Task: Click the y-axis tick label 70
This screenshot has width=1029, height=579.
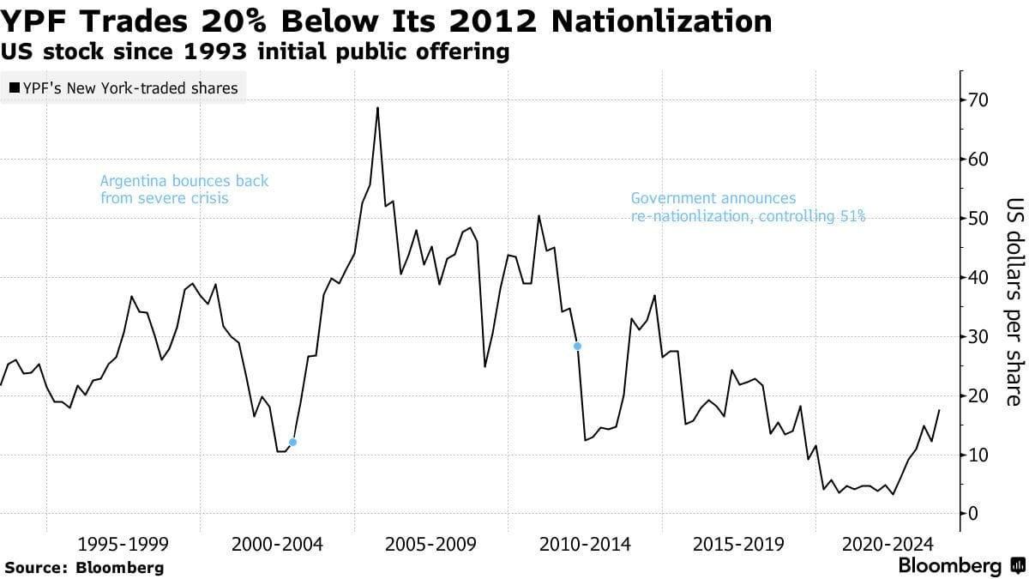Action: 979,100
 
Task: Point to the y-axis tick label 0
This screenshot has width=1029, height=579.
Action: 974,514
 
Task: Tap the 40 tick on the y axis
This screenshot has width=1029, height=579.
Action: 979,278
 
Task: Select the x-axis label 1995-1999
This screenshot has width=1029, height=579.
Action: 123,544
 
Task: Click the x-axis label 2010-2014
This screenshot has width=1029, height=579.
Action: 584,544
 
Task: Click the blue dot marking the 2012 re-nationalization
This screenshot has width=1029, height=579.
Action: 577,347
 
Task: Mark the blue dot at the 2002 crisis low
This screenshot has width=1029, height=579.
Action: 292,443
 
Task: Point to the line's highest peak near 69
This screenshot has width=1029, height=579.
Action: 377,108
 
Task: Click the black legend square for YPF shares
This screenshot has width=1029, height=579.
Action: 15,88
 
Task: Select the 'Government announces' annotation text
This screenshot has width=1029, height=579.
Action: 713,198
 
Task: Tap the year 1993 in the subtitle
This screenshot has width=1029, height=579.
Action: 177,51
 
